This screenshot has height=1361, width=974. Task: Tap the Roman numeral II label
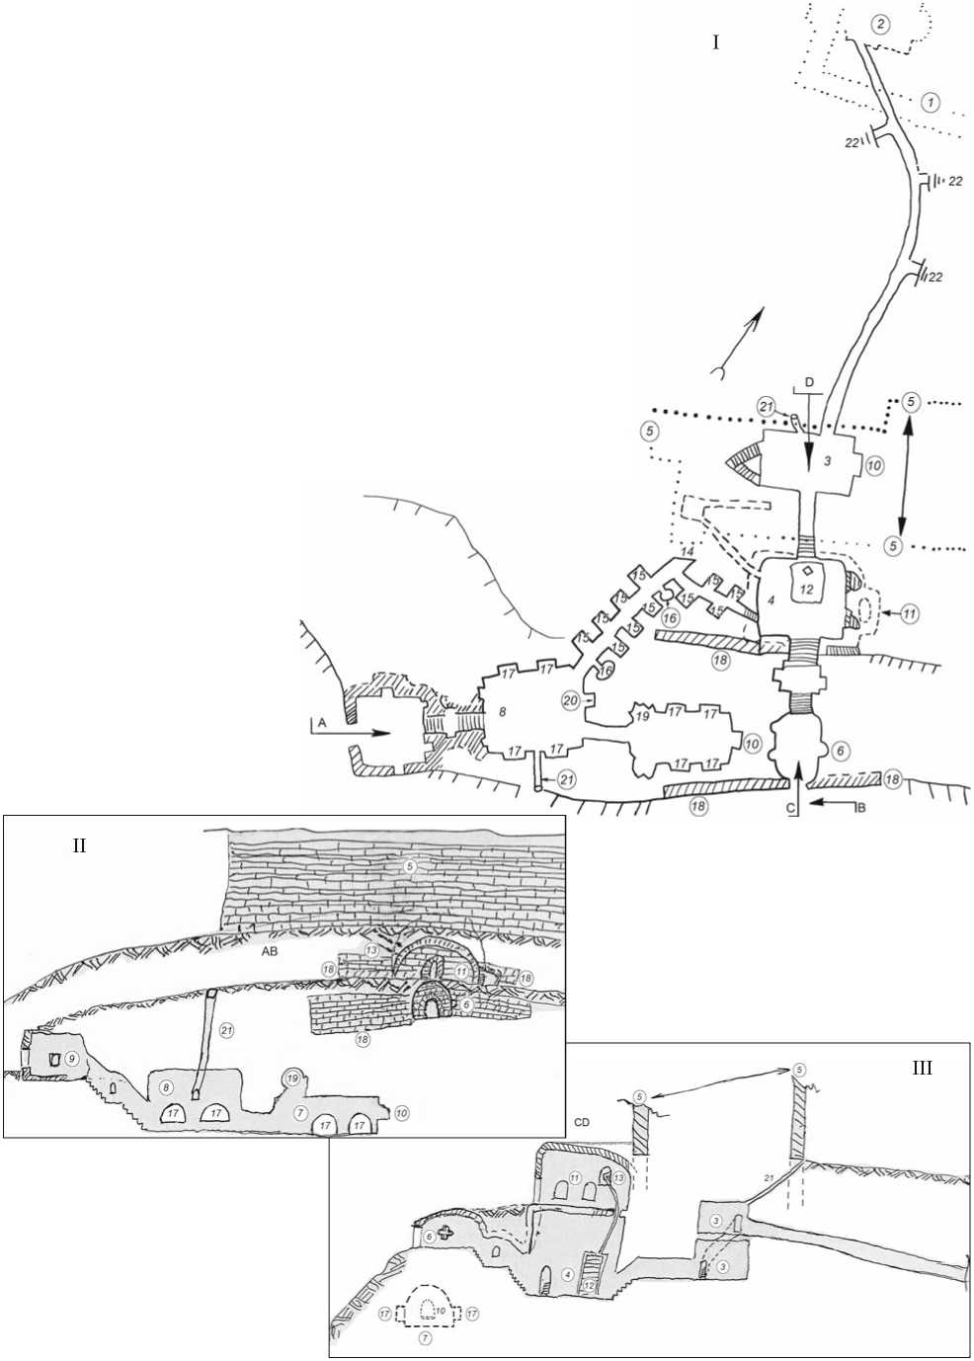point(80,845)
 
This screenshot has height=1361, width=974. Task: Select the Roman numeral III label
point(923,1069)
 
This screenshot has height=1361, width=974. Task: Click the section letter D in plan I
point(809,381)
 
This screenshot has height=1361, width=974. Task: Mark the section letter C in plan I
point(789,806)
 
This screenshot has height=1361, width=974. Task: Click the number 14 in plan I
point(689,549)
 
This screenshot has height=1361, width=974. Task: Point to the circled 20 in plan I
point(571,700)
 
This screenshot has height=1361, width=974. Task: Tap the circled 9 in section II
point(71,1058)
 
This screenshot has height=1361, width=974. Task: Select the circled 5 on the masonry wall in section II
point(411,865)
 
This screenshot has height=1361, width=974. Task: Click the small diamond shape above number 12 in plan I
point(808,571)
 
